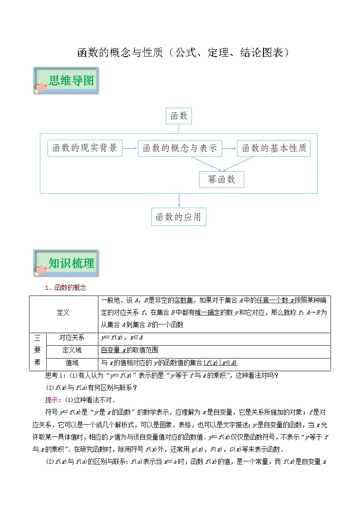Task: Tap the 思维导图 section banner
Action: [66, 81]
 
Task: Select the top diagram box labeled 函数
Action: [179, 116]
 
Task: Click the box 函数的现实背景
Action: [85, 148]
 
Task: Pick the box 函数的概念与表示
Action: [180, 148]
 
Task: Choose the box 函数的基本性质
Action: [274, 148]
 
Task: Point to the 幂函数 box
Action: [221, 179]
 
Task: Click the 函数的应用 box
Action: [179, 217]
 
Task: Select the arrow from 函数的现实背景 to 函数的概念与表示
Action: [130, 148]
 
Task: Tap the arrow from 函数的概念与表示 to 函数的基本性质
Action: [229, 148]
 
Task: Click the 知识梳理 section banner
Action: [66, 263]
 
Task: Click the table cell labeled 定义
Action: [63, 313]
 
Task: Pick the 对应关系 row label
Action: [72, 338]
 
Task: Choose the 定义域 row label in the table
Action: [72, 350]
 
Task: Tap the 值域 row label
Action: [72, 363]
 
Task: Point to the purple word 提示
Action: [54, 400]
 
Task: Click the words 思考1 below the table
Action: [56, 375]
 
